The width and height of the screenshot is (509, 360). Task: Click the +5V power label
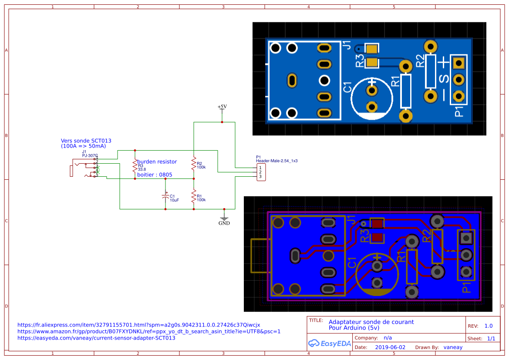pos(222,107)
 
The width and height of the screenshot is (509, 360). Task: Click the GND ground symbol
pos(224,220)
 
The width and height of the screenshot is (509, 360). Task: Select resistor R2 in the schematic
pos(194,164)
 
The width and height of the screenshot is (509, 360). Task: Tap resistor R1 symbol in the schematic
pos(194,196)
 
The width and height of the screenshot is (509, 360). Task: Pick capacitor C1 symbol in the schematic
pos(165,196)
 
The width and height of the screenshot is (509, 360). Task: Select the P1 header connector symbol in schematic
pos(260,172)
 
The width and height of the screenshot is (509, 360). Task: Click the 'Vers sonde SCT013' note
pos(86,141)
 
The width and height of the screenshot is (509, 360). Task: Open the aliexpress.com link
pos(138,325)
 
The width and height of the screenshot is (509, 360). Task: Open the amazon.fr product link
pos(149,331)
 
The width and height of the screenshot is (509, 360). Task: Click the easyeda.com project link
pos(96,338)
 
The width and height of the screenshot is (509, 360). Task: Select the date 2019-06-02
pos(390,347)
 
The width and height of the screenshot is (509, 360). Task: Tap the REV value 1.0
pos(488,326)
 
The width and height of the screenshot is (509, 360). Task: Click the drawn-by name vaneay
pos(453,347)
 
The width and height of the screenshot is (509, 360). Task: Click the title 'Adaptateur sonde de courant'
pos(371,322)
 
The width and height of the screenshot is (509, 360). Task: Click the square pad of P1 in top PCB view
pos(458,64)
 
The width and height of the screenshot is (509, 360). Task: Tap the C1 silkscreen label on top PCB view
pos(347,87)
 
